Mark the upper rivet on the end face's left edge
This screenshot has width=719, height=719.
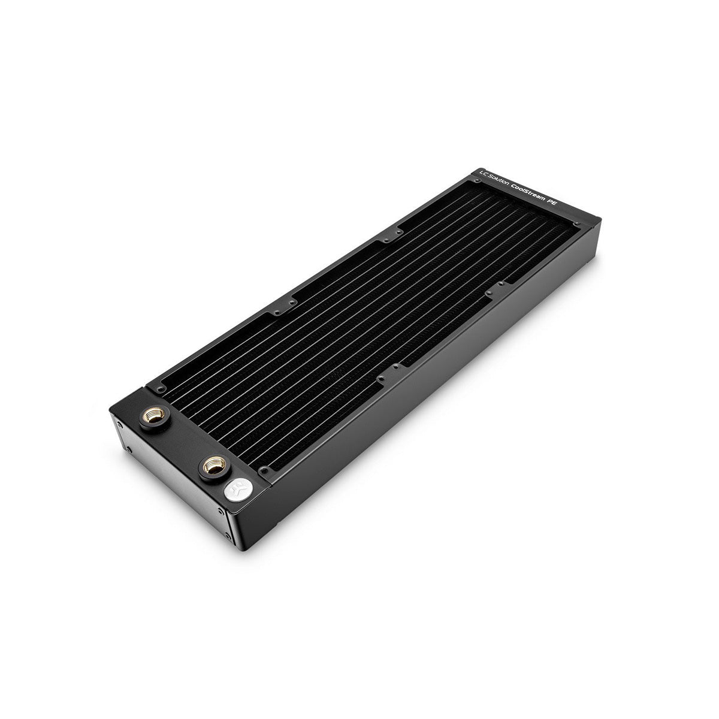[120, 424]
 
